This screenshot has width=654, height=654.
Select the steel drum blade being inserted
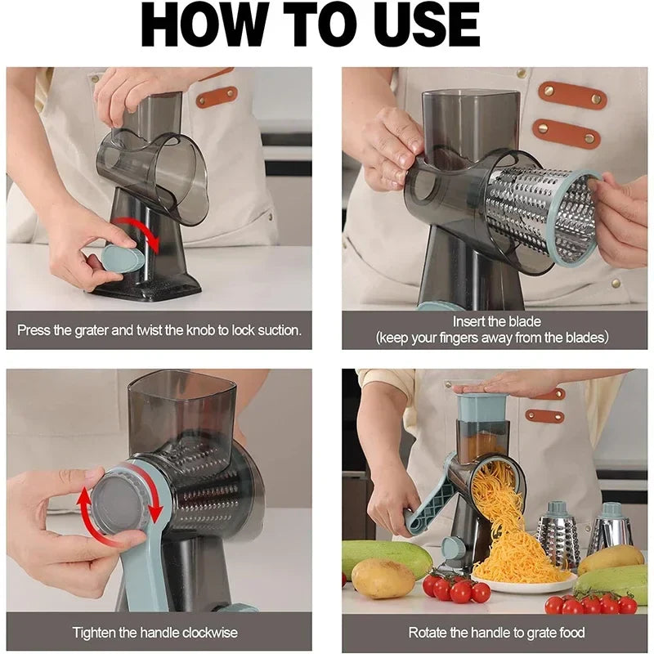(x=540, y=214)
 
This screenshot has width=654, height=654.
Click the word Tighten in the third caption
(x=92, y=633)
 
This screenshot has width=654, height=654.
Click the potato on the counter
(x=383, y=578)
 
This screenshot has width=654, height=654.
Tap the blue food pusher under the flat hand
(x=482, y=407)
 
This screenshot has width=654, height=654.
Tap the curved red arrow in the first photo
(x=139, y=233)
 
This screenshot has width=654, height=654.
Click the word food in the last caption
(x=570, y=633)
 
